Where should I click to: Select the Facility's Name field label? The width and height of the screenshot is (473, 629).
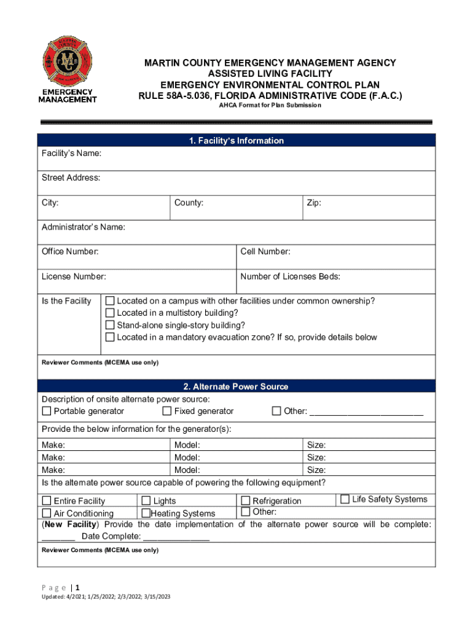(x=71, y=153)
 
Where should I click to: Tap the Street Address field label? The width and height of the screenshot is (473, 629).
(x=71, y=178)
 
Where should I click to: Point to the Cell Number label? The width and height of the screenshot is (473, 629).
(x=265, y=252)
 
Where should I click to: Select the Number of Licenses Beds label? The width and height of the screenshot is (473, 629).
(x=290, y=276)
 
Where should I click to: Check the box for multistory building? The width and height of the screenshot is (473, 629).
(x=110, y=313)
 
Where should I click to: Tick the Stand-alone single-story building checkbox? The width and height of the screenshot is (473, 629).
(x=110, y=326)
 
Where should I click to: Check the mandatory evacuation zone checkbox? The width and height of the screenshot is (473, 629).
(x=110, y=337)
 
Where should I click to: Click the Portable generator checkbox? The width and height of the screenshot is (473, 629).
(x=47, y=411)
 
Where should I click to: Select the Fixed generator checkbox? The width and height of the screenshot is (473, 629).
(x=167, y=411)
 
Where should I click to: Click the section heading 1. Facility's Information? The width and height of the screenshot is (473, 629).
(x=237, y=141)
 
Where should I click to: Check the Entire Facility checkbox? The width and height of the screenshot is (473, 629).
(x=47, y=501)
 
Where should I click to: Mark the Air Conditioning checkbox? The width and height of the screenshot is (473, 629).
(x=47, y=513)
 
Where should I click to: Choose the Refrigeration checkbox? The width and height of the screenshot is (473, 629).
(x=246, y=501)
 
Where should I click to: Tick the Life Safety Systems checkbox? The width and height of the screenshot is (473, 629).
(x=345, y=499)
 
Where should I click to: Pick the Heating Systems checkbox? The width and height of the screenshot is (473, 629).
(x=146, y=513)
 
